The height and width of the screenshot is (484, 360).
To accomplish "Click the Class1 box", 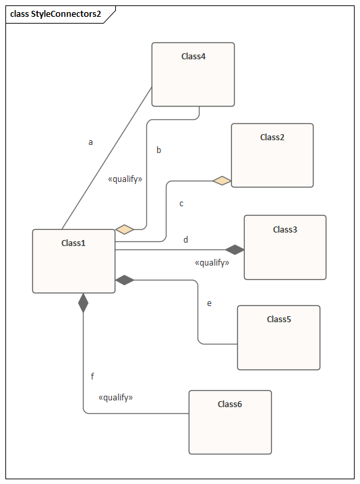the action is pos(73,261).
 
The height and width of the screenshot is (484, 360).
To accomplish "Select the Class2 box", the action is pos(272,155).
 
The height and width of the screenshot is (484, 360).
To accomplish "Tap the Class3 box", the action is pos(285,247).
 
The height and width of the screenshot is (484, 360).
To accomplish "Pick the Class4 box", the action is pos(193,74).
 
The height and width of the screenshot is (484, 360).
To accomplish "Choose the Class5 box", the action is pos(278,337).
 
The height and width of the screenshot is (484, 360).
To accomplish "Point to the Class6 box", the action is pos(230,422).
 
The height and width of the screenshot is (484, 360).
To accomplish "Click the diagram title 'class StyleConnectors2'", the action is pos(55,14).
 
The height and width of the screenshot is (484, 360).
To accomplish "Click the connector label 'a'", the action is pos(90,142).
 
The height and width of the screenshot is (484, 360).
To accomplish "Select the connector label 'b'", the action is pos(158,150).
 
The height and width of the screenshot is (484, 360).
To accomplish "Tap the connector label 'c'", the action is pos(181,204).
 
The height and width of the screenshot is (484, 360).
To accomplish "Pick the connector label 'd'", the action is pos(185,239).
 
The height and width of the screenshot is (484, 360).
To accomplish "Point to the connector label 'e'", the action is pos(210,303).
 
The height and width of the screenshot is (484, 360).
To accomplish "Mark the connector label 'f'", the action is pos(92,376).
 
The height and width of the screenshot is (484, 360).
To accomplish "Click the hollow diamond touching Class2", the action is pos(222,181).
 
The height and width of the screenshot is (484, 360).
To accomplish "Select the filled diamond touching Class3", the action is pos(235,249).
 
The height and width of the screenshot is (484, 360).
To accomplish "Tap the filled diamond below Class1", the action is pos(83,303).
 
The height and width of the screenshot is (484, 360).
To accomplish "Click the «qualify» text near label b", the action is pos(125,179).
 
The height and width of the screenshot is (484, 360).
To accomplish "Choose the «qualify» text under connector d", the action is pos(212,263).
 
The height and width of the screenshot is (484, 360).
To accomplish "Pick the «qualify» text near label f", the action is pos(115,397).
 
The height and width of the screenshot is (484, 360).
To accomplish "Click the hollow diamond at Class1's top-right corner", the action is pos(125,229).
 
